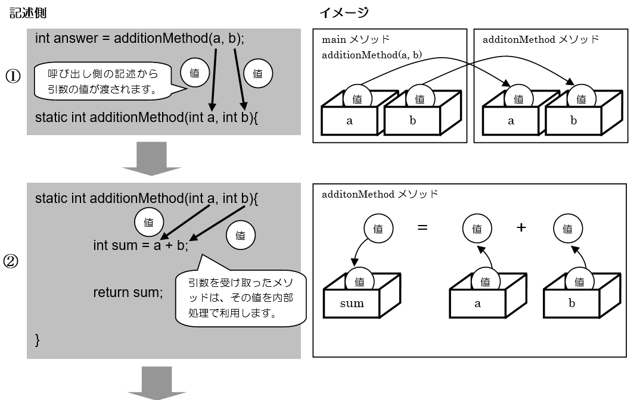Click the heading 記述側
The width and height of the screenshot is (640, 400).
(x=29, y=12)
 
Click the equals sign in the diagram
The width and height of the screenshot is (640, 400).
(x=422, y=227)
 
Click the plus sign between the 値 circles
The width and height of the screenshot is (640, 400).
(x=521, y=227)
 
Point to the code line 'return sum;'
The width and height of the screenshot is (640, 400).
(x=128, y=292)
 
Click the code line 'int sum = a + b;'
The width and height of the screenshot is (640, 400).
(x=141, y=245)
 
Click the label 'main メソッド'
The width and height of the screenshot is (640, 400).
(x=356, y=39)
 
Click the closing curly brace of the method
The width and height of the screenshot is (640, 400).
(x=38, y=340)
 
